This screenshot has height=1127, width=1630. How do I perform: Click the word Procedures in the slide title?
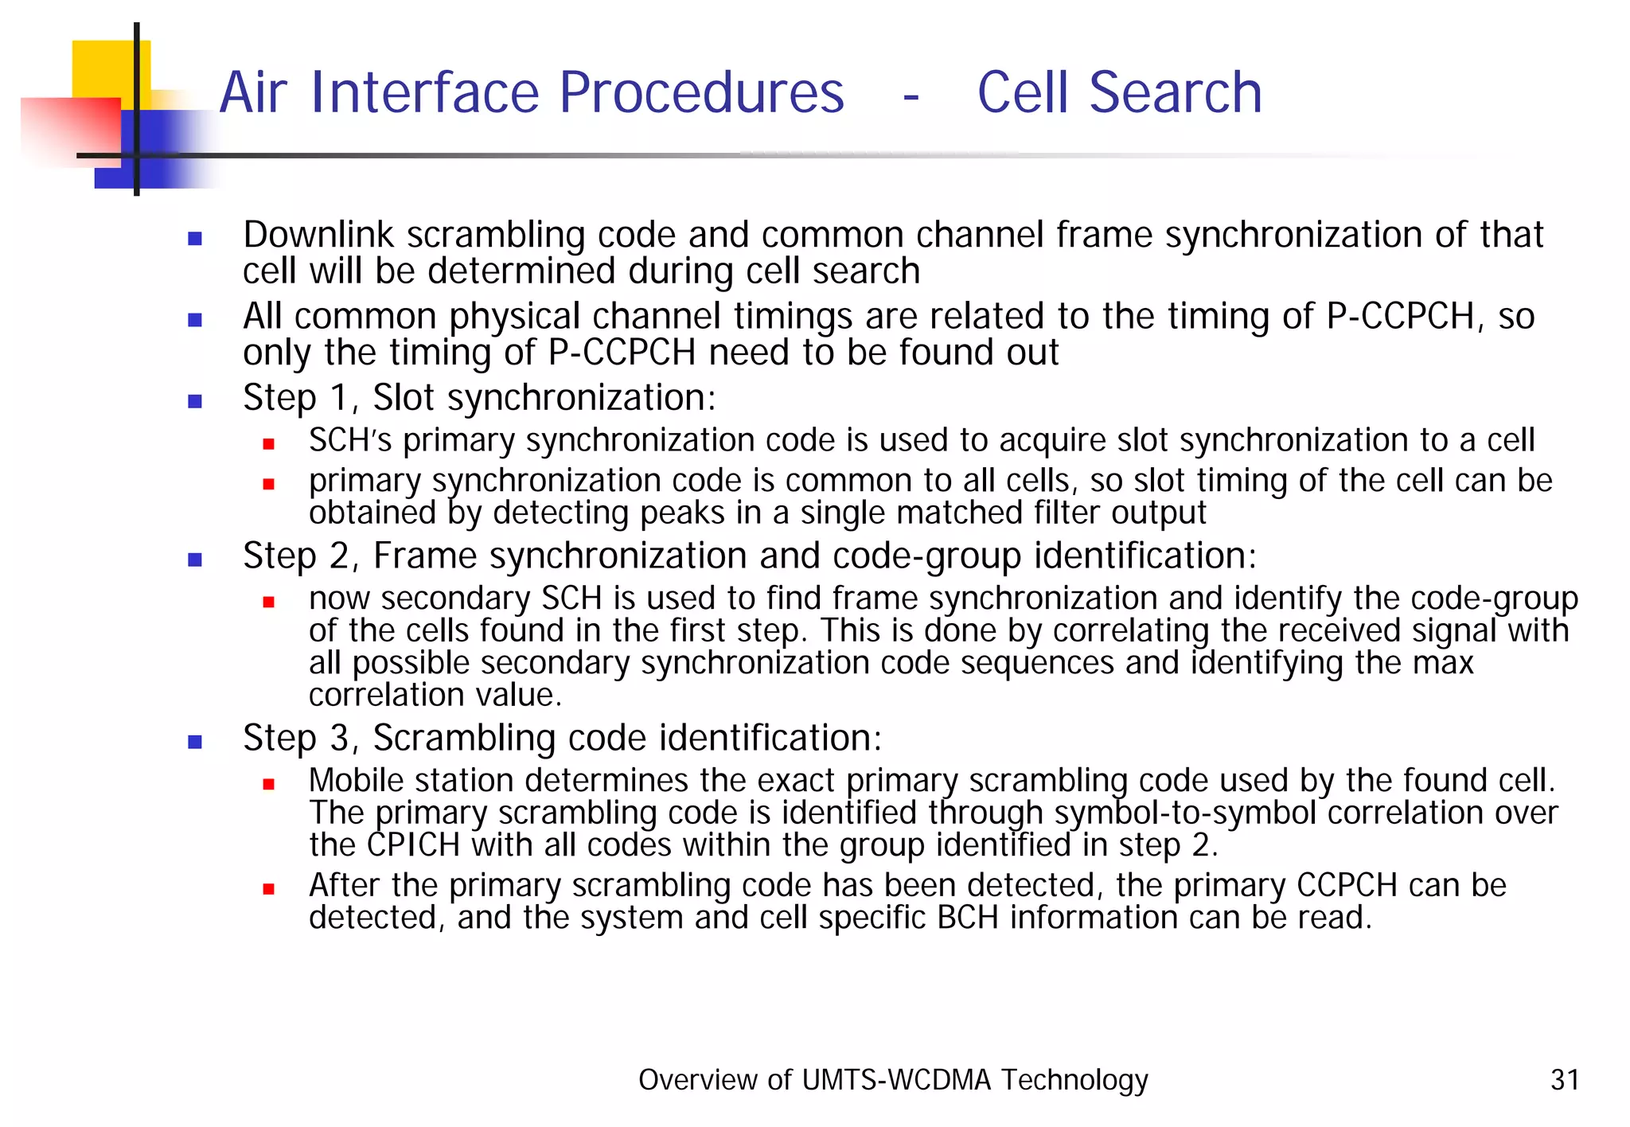(701, 93)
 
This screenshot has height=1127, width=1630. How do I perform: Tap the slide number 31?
(1565, 1079)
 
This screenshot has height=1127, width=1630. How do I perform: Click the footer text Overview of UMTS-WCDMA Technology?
(893, 1079)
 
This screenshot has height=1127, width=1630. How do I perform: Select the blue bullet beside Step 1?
(195, 401)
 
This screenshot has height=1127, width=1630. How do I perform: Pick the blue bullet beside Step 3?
(195, 742)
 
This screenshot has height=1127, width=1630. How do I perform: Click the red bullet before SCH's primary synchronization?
(269, 444)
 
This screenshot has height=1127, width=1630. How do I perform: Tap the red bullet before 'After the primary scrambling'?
(269, 889)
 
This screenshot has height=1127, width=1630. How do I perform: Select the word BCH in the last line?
(967, 918)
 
